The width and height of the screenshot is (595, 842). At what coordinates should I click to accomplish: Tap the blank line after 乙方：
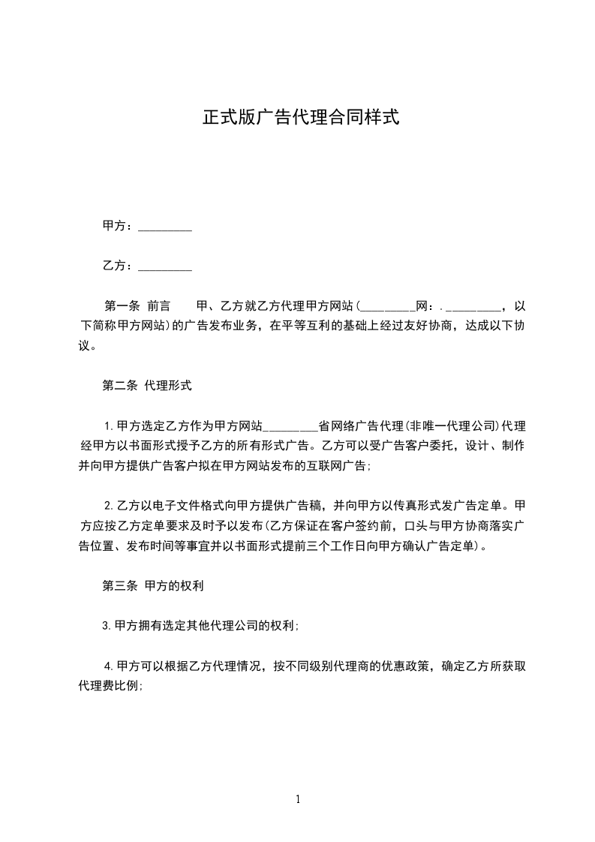click(165, 266)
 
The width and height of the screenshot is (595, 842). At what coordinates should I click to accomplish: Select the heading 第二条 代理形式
click(147, 386)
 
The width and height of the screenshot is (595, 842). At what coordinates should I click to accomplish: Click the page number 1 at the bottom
click(298, 799)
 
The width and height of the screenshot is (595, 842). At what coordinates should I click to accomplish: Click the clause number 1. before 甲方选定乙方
click(109, 426)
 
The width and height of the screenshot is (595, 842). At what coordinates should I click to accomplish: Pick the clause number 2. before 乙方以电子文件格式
click(109, 505)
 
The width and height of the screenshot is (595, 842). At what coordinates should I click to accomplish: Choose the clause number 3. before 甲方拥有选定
click(107, 625)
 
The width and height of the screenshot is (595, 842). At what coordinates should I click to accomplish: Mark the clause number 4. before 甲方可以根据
click(109, 666)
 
